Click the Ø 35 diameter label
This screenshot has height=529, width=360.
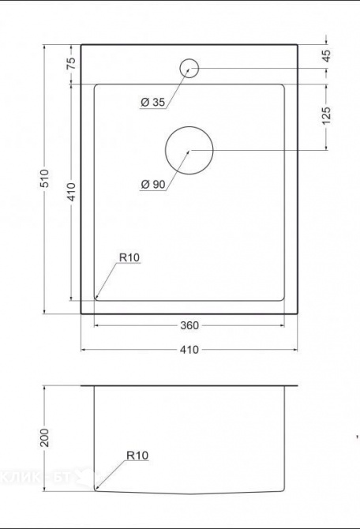coord(152,103)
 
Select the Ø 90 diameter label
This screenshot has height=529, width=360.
coord(152,184)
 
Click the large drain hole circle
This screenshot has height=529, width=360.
coord(189,149)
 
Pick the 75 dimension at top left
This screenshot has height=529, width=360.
coord(71,64)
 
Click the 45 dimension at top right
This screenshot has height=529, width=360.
coord(326,56)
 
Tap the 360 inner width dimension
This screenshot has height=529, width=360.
coord(189,325)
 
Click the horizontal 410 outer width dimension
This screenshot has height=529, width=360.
coord(189,350)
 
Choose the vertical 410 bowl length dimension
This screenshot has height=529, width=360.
coord(71,193)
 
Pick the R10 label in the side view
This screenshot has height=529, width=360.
coord(137,456)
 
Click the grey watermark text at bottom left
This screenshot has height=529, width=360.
coord(47,477)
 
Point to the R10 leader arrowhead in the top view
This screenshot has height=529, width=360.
coord(97,297)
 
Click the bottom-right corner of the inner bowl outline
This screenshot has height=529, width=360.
coord(283,300)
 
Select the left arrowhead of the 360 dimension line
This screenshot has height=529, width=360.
coord(97,325)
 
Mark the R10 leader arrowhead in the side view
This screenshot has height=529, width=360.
coord(96,490)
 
